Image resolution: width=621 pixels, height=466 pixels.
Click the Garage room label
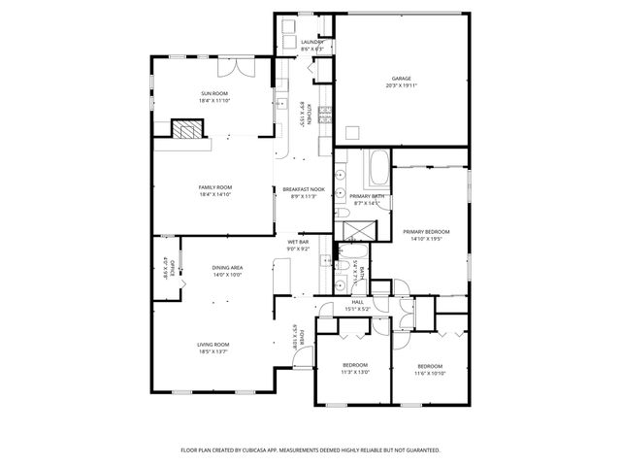click(402, 79)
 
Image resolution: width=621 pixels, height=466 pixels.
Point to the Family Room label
click(215, 186)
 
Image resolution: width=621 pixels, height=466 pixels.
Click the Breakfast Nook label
click(304, 189)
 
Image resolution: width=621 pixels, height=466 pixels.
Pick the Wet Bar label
click(298, 242)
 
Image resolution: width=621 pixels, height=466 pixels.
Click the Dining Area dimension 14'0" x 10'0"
click(227, 275)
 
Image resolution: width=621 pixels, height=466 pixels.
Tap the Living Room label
click(213, 344)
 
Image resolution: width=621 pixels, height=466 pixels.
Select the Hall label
click(358, 302)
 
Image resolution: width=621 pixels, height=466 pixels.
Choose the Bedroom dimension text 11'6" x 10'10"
click(430, 373)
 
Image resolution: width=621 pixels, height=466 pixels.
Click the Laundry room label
click(312, 43)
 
